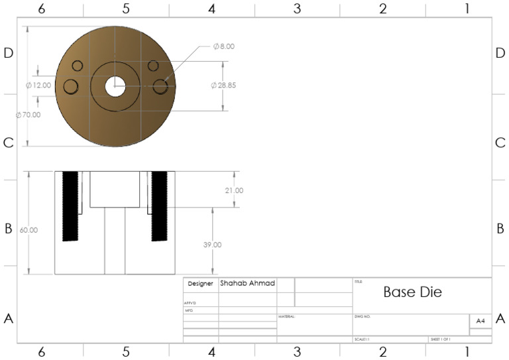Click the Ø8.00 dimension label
pyautogui.click(x=224, y=46)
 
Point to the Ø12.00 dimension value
pyautogui.click(x=38, y=86)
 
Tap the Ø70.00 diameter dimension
pyautogui.click(x=28, y=115)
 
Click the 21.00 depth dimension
pyautogui.click(x=235, y=190)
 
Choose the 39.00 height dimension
pyautogui.click(x=213, y=245)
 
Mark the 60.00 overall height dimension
pyautogui.click(x=29, y=230)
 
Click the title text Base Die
pyautogui.click(x=412, y=292)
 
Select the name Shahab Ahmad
pyautogui.click(x=247, y=283)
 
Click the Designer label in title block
pyautogui.click(x=200, y=284)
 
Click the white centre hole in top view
pyautogui.click(x=115, y=86)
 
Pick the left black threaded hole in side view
pyautogui.click(x=70, y=206)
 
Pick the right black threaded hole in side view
pyautogui.click(x=159, y=206)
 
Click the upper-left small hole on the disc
pyautogui.click(x=78, y=66)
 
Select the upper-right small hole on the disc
pyautogui.click(x=154, y=66)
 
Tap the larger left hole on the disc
pyautogui.click(x=70, y=86)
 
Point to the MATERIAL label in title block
pyautogui.click(x=286, y=317)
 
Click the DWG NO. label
pyautogui.click(x=363, y=317)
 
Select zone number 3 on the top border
pyautogui.click(x=297, y=9)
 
